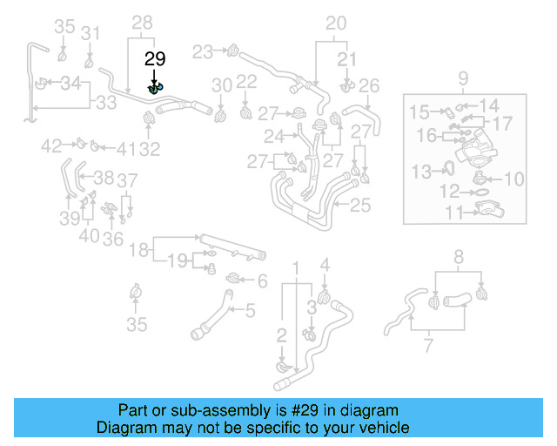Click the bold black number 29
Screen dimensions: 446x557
(155, 59)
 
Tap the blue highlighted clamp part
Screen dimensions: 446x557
(155, 87)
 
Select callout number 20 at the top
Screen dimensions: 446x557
(336, 23)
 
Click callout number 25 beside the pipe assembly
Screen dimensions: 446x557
(361, 206)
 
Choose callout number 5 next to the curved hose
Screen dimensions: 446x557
(250, 309)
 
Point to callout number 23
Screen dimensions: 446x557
(203, 52)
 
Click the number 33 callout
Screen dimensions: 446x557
(106, 103)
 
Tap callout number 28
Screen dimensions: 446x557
(142, 23)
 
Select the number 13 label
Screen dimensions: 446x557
(421, 170)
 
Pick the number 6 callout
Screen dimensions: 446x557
(262, 280)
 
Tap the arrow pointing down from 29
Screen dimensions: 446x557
(155, 76)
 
